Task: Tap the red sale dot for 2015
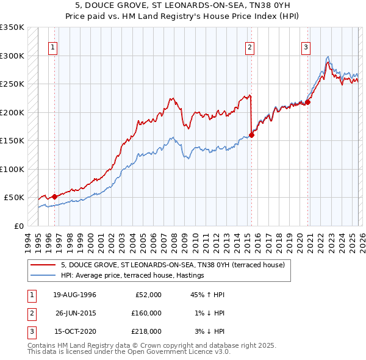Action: (251, 135)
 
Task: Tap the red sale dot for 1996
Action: (54, 196)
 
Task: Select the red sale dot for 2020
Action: (307, 103)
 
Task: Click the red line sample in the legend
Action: (43, 265)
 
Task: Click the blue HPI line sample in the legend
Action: (43, 275)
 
